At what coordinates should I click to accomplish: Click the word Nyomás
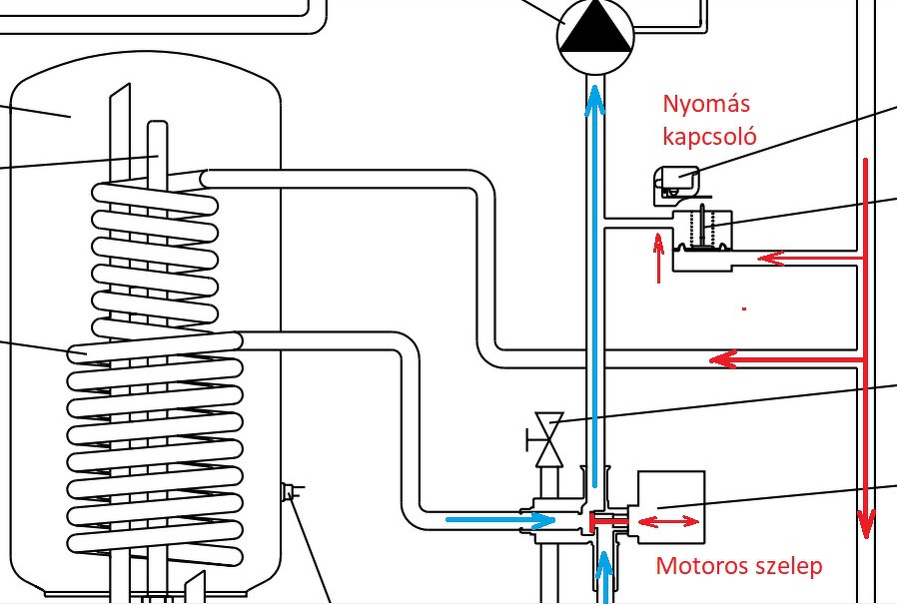coord(706,105)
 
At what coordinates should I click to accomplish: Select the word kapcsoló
coord(709,136)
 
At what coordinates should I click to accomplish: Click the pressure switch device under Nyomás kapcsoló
coord(676,184)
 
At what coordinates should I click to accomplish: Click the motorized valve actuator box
coord(670,504)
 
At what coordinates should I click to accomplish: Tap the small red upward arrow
coord(658,258)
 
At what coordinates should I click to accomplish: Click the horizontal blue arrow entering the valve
coord(498,520)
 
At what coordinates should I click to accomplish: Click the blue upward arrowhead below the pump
coord(595,98)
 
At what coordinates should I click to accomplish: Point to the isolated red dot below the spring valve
coord(744,310)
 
